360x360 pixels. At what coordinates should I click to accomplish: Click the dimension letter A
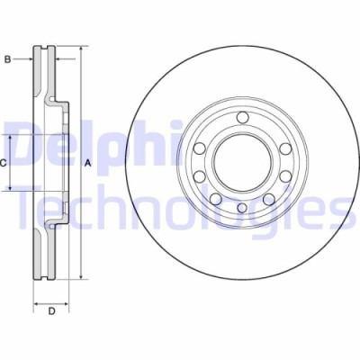pyautogui.click(x=87, y=163)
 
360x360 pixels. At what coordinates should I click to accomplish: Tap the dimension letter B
pyautogui.click(x=7, y=59)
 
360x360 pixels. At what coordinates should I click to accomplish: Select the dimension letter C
pyautogui.click(x=4, y=163)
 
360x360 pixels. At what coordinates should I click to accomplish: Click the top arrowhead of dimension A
pyautogui.click(x=80, y=46)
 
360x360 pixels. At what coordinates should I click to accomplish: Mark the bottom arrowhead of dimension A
pyautogui.click(x=80, y=280)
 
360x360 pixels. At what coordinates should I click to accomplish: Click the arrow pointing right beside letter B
pyautogui.click(x=31, y=59)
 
